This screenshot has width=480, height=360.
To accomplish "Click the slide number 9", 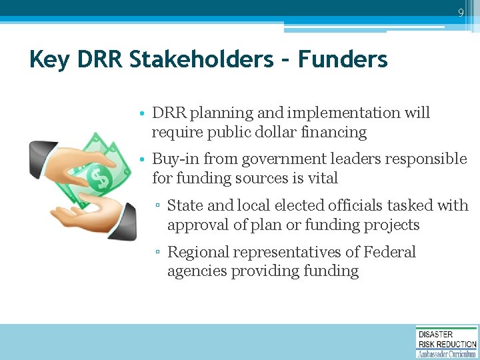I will click(x=460, y=13).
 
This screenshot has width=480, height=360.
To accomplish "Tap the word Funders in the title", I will click(x=343, y=59).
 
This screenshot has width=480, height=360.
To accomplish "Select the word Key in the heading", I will click(x=50, y=59).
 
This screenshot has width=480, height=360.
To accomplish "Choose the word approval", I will click(x=195, y=225).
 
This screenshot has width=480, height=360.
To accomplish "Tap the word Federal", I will click(x=389, y=252).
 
